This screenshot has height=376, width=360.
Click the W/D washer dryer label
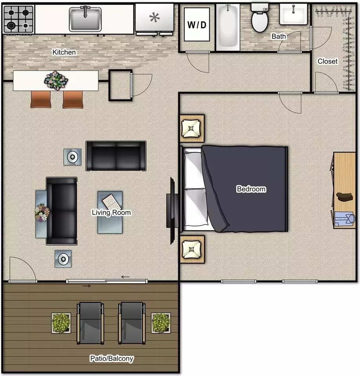[197, 25]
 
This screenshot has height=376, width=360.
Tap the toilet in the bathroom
[259, 18]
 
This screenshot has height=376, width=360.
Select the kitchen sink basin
[85, 19]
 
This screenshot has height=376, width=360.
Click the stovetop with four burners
[18, 20]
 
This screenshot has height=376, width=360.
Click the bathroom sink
[293, 14]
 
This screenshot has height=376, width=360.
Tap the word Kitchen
[64, 52]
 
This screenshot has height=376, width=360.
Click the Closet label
[327, 61]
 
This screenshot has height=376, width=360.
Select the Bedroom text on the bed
[251, 189]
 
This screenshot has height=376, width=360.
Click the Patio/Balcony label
[112, 358]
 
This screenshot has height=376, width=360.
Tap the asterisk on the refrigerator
[154, 18]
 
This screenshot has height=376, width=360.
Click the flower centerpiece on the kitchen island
[56, 80]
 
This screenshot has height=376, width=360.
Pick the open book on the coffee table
[112, 202]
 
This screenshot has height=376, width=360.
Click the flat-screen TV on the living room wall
[172, 211]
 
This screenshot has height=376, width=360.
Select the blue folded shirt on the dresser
[344, 219]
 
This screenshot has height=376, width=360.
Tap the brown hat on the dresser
[345, 197]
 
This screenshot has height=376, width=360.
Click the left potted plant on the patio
[61, 323]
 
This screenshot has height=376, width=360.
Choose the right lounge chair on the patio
[132, 323]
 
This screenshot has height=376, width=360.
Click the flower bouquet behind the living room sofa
[42, 212]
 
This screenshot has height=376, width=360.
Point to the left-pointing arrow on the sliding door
[125, 277]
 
